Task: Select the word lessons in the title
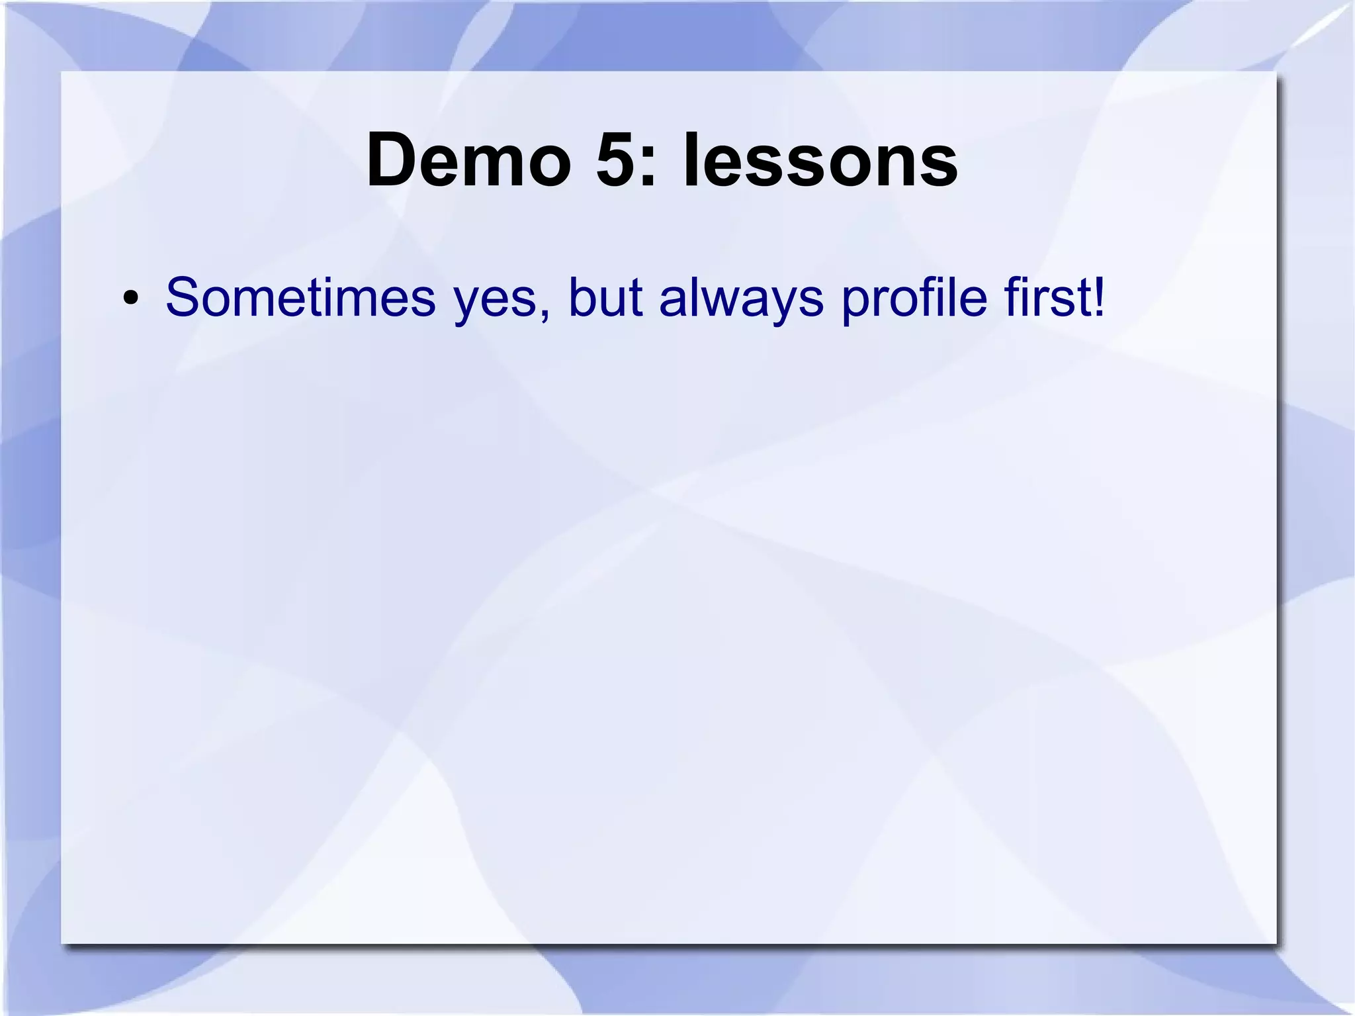[820, 161]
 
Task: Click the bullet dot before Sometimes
[130, 299]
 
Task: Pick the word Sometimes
[300, 297]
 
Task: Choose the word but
[605, 297]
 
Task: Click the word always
[741, 301]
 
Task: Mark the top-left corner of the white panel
[62, 71]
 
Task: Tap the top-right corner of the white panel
[1276, 71]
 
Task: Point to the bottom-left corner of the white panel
[62, 943]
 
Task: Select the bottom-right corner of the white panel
[1276, 943]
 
